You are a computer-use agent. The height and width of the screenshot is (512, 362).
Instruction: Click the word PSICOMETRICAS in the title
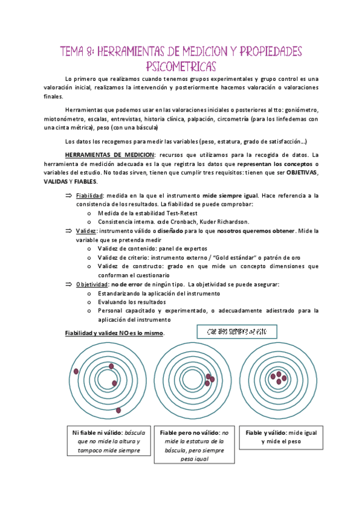tap(181, 65)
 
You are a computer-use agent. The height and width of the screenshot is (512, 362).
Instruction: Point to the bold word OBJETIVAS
tap(303, 173)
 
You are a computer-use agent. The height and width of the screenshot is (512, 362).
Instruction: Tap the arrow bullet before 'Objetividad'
tap(68, 284)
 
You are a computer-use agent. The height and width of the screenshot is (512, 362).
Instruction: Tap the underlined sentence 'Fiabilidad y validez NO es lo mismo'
tap(114, 334)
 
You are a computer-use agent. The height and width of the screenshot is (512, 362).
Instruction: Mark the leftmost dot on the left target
tap(76, 371)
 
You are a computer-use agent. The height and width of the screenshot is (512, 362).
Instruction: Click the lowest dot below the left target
tap(118, 410)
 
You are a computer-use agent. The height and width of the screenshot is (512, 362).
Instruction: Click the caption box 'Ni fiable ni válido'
tap(106, 441)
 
